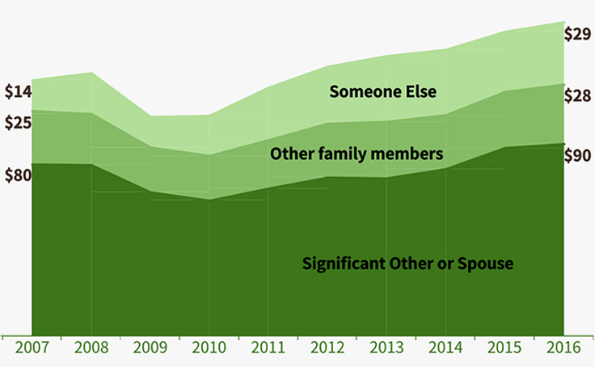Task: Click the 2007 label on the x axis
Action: pyautogui.click(x=32, y=349)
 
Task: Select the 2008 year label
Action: pyautogui.click(x=91, y=349)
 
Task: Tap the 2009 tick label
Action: pyautogui.click(x=150, y=349)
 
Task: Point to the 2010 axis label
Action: pyautogui.click(x=209, y=349)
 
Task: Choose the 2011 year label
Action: pyautogui.click(x=268, y=349)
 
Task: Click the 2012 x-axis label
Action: pyautogui.click(x=327, y=349)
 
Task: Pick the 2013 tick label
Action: pyautogui.click(x=386, y=349)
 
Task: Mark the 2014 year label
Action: pyautogui.click(x=445, y=349)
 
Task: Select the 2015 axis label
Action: pyautogui.click(x=504, y=349)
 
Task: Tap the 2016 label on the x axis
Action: pyautogui.click(x=563, y=349)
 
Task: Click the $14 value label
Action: pyautogui.click(x=18, y=91)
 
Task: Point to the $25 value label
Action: pyautogui.click(x=18, y=123)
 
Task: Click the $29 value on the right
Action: pyautogui.click(x=578, y=34)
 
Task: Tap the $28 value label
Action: pyautogui.click(x=578, y=96)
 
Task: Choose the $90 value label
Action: pyautogui.click(x=578, y=155)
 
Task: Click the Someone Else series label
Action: pyautogui.click(x=382, y=91)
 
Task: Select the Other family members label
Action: pyautogui.click(x=357, y=153)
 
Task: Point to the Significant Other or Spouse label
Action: pyautogui.click(x=408, y=264)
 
